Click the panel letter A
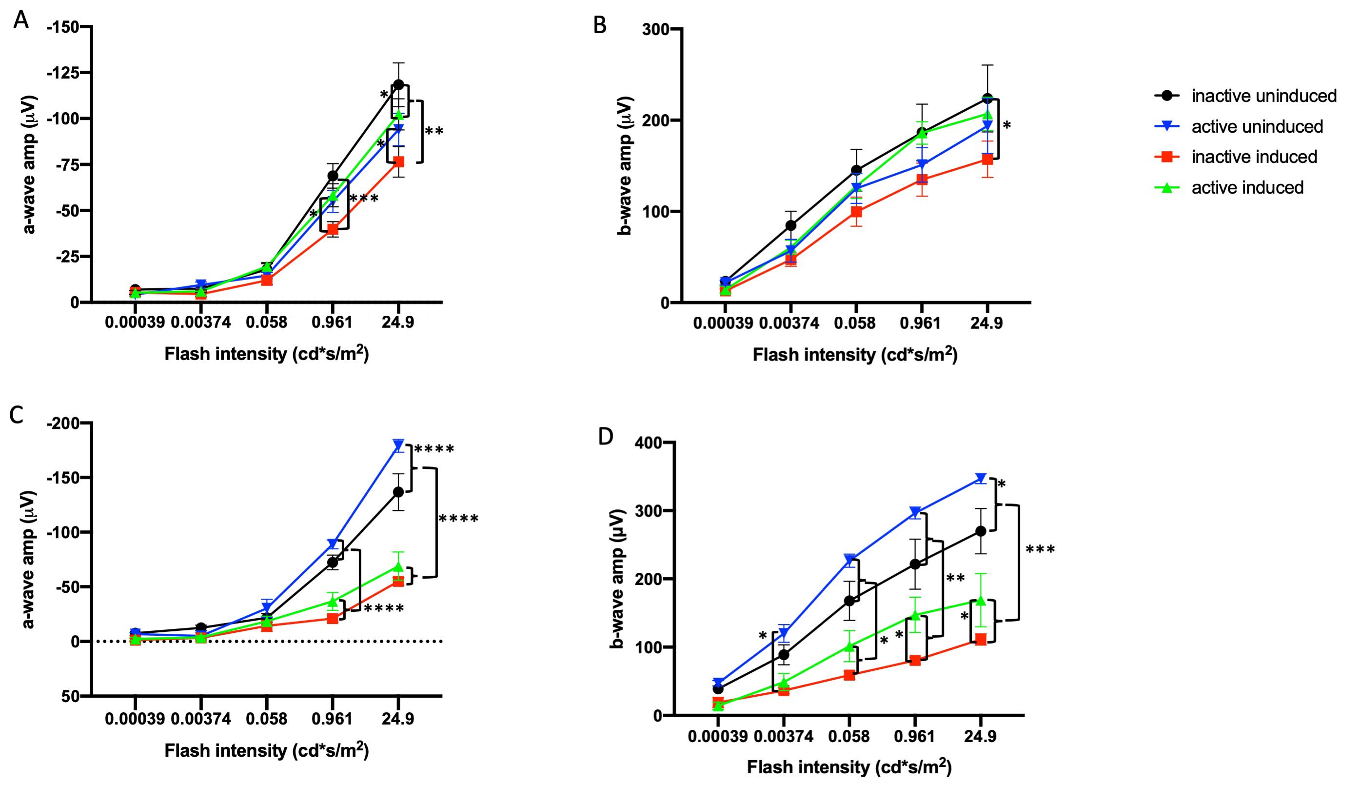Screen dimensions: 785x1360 click(x=20, y=20)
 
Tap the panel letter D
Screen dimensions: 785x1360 click(x=606, y=436)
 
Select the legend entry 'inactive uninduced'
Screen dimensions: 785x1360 click(x=1263, y=96)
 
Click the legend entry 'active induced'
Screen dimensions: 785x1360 click(x=1247, y=188)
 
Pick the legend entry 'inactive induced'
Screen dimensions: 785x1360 click(x=1254, y=157)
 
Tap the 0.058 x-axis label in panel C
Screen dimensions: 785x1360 click(x=267, y=719)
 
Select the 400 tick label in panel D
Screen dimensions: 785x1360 click(x=650, y=443)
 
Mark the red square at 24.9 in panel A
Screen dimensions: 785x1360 click(x=398, y=162)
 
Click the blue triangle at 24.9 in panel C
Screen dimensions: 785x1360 click(x=398, y=445)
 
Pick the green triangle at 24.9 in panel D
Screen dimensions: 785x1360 click(x=981, y=600)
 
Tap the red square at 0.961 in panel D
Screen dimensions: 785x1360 click(x=915, y=660)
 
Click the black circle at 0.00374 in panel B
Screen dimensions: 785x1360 click(x=790, y=225)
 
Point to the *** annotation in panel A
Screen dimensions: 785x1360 click(x=364, y=200)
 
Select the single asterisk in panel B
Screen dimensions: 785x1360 click(x=1006, y=127)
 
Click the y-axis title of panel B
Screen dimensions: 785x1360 click(x=626, y=166)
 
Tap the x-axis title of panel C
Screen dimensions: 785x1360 click(x=267, y=750)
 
